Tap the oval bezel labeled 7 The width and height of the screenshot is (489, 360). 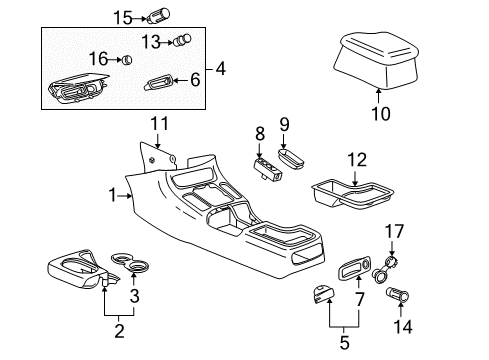coord(353,271)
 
